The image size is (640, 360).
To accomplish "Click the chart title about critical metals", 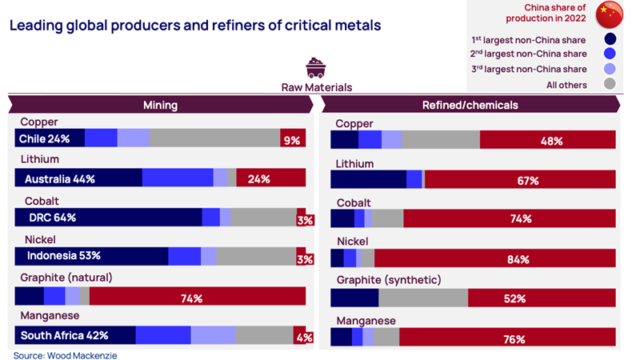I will click(x=194, y=26).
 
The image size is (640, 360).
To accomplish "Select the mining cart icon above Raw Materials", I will click(x=316, y=67).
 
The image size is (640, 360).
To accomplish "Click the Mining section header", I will click(x=160, y=105).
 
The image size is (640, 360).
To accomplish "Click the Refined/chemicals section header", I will click(x=470, y=105).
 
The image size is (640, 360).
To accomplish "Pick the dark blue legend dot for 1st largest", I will click(x=610, y=38).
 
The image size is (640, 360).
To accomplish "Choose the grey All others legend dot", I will click(x=610, y=85).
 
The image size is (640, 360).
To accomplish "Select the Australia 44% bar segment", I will click(x=78, y=178).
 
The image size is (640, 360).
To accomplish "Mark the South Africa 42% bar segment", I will click(x=75, y=336).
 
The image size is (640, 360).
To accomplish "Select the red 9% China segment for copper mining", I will click(x=292, y=139).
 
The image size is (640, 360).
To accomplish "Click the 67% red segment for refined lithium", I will click(x=519, y=180).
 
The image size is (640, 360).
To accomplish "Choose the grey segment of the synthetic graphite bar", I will click(x=422, y=298).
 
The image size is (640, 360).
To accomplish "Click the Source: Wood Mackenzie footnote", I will click(x=66, y=354).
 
